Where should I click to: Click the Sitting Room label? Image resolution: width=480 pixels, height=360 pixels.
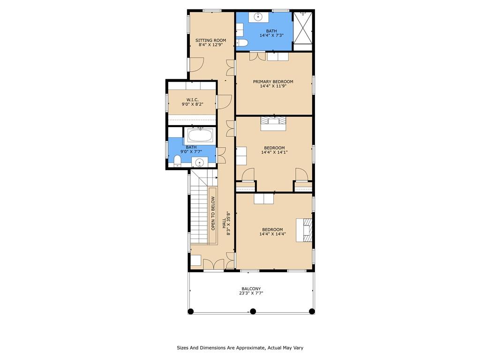click(x=210, y=40)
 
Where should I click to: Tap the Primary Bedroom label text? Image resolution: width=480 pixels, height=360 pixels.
click(x=273, y=82)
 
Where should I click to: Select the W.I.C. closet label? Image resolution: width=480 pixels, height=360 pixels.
click(x=193, y=100)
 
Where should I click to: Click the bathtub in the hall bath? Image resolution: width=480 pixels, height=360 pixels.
click(x=200, y=135)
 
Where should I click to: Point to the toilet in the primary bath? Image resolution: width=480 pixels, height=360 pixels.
click(x=242, y=43)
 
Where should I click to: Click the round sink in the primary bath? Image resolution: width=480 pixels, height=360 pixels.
click(x=258, y=17)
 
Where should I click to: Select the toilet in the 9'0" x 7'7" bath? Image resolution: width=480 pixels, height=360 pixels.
click(x=177, y=160)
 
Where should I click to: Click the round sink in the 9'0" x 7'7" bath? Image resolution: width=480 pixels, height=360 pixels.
click(x=200, y=162)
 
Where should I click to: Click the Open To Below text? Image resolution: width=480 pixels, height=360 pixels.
click(x=213, y=213)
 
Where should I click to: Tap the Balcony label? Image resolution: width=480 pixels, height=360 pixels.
click(x=251, y=289)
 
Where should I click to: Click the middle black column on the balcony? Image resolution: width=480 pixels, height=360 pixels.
click(x=253, y=311)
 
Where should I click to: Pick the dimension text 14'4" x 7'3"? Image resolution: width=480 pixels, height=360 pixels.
click(x=271, y=35)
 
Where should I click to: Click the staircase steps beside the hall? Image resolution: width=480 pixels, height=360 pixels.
click(x=200, y=211)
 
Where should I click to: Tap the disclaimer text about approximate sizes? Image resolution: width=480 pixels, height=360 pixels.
click(x=240, y=348)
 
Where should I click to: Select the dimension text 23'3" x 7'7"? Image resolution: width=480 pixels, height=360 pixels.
click(x=251, y=293)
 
